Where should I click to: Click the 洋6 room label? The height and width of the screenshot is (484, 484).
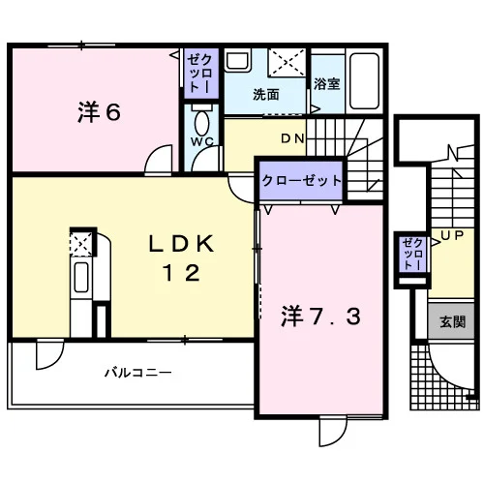(99, 112)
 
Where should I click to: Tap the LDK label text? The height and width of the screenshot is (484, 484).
(181, 244)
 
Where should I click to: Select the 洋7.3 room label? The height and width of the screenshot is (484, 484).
(320, 317)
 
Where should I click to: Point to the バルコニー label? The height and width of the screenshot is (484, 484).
(137, 373)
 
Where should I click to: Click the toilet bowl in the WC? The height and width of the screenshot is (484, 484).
(202, 123)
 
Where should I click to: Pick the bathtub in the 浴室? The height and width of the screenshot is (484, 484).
(364, 81)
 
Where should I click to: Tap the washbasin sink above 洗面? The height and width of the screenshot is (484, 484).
(238, 61)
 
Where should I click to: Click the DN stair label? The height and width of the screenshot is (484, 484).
(292, 138)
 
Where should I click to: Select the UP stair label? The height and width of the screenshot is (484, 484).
(452, 235)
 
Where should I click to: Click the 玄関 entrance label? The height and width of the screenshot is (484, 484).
(452, 321)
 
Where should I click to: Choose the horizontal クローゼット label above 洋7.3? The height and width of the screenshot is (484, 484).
(301, 181)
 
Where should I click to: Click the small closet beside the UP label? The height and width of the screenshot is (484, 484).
(412, 254)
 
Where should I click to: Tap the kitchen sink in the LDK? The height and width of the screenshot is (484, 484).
(81, 277)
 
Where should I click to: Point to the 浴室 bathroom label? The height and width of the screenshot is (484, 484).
(326, 83)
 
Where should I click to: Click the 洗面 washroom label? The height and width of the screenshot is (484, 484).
(265, 95)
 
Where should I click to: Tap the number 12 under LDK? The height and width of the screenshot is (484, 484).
(181, 273)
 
